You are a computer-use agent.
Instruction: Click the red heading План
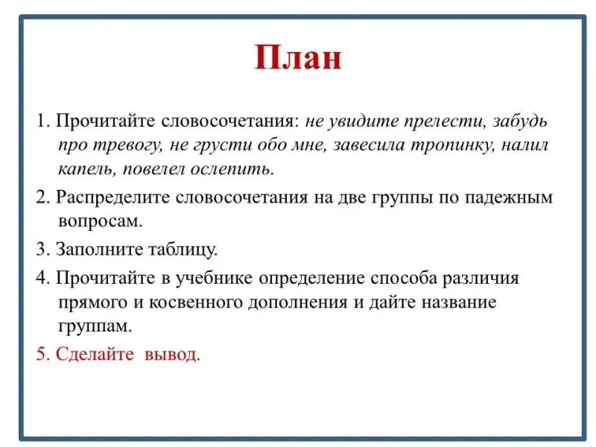click(298, 57)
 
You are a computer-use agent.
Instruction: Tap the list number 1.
click(41, 121)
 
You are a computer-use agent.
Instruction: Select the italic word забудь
click(520, 121)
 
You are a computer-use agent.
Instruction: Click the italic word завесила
click(369, 145)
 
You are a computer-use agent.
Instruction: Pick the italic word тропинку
click(453, 146)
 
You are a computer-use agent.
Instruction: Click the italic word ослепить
click(232, 169)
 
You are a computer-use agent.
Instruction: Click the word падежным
click(509, 197)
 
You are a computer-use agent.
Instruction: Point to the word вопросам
click(101, 221)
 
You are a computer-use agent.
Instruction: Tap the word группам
click(95, 326)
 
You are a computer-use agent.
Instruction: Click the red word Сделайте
click(95, 355)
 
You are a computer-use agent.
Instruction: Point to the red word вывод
click(172, 355)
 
